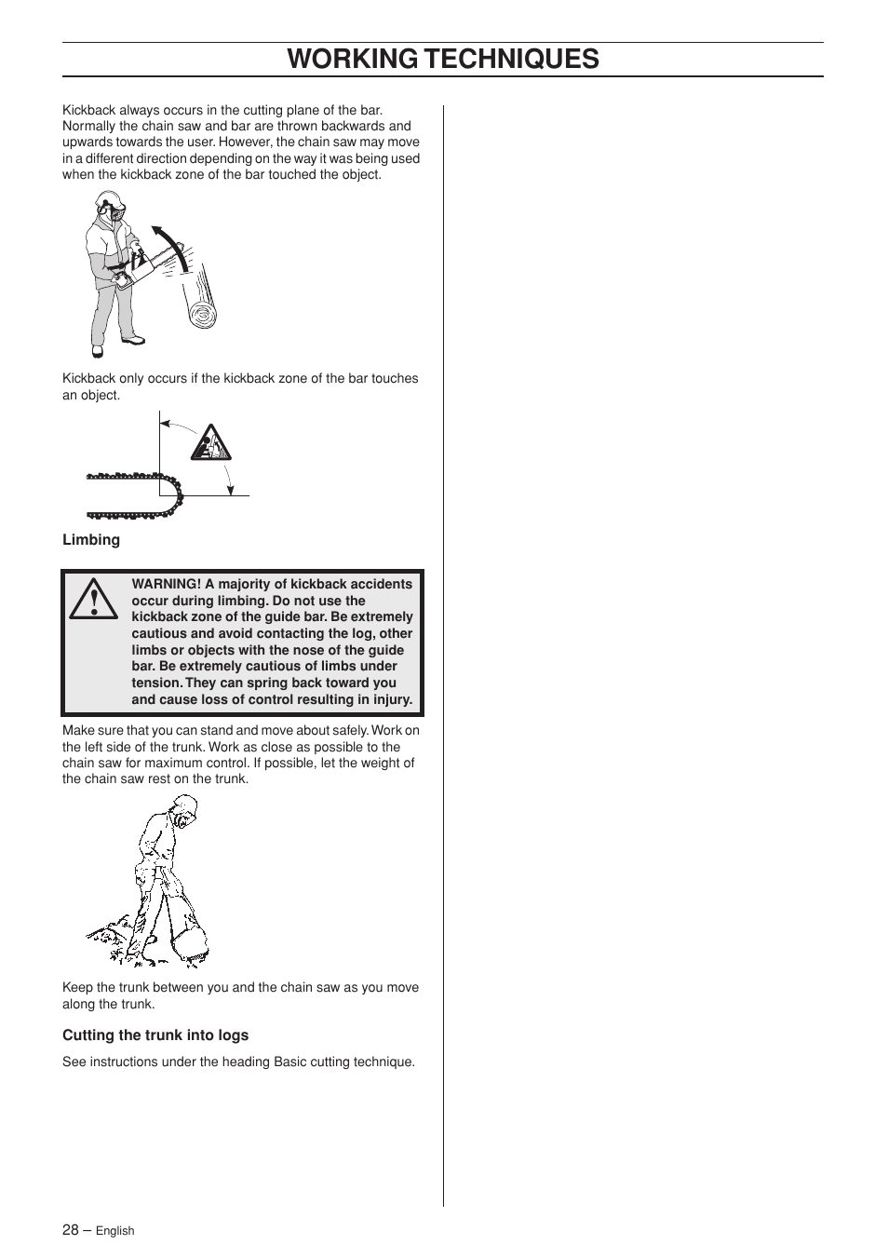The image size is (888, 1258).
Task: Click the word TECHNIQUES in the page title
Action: coord(510,59)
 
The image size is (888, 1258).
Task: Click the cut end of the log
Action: coord(202,316)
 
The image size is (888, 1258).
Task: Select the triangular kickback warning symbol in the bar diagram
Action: coord(209,443)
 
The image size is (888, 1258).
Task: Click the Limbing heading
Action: coord(91,540)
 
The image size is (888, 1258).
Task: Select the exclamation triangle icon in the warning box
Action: coord(93,601)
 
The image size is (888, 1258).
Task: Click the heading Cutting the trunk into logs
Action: coord(155,1035)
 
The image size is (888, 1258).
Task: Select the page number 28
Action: coord(71,1229)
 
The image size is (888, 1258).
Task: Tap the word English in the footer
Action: coord(115,1231)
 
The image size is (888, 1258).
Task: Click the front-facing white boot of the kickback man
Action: coord(97,352)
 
